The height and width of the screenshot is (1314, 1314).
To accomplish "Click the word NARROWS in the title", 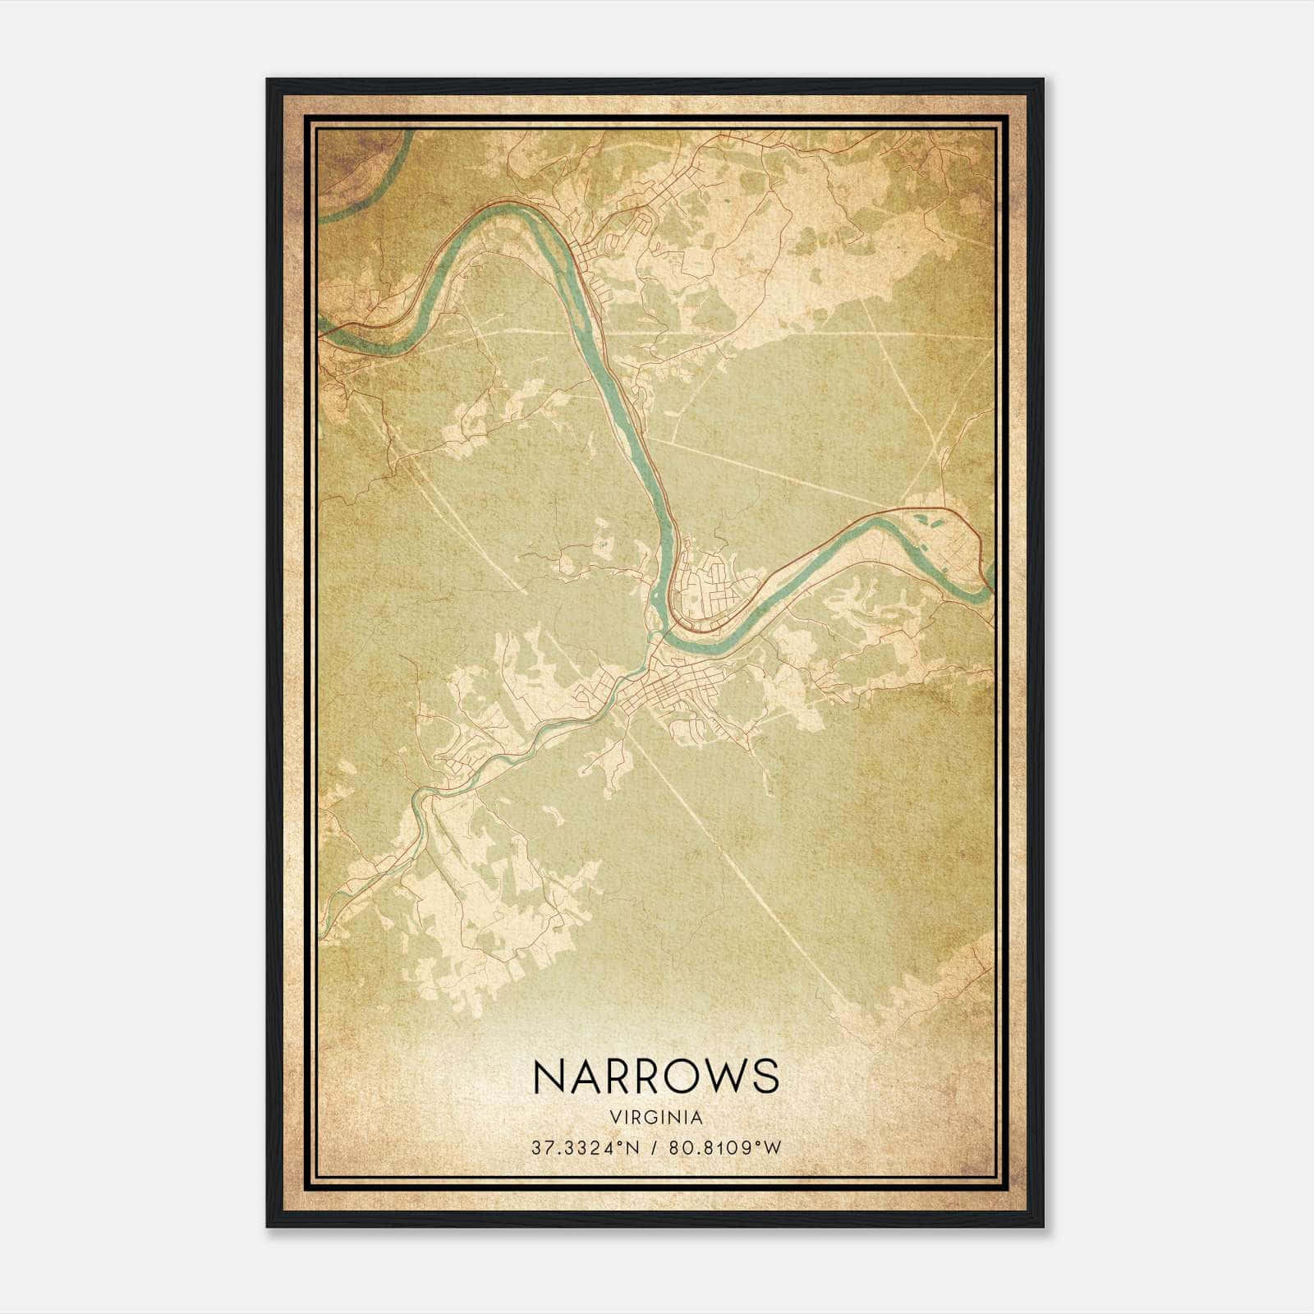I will coord(656,1076).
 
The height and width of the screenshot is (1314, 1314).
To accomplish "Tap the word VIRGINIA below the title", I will coord(656,1118).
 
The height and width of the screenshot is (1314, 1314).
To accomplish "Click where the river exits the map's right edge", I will coord(990,579).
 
